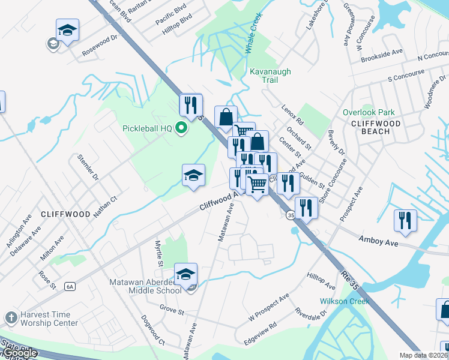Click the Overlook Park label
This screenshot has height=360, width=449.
(x=369, y=112)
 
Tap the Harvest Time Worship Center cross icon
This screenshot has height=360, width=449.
(x=10, y=317)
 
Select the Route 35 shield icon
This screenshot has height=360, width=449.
(x=291, y=215)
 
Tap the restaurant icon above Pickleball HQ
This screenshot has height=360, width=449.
(x=191, y=105)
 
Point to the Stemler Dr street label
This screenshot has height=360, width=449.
(x=88, y=168)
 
